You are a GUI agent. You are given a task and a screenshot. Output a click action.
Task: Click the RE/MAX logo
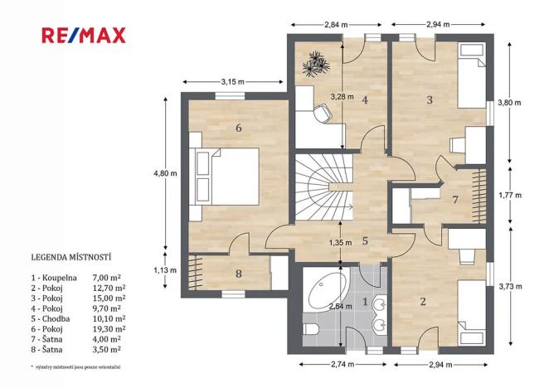click(x=83, y=36)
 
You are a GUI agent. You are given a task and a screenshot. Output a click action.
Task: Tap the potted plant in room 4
click(x=316, y=64)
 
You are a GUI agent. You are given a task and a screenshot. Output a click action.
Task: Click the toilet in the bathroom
click(x=311, y=329)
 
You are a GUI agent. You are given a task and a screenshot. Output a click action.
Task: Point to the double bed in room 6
click(x=224, y=176)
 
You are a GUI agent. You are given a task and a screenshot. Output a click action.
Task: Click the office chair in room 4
click(x=322, y=114)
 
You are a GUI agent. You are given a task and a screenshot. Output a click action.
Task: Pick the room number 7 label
click(x=454, y=200)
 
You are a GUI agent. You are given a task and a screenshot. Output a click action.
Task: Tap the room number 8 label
click(x=239, y=273)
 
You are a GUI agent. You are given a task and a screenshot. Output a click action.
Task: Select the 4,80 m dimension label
click(x=165, y=173)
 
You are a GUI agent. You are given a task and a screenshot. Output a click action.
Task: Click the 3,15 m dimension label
click(x=232, y=82)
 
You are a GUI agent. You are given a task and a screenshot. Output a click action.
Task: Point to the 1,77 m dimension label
click(x=510, y=195)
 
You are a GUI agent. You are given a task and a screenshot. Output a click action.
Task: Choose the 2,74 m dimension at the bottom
click(x=343, y=364)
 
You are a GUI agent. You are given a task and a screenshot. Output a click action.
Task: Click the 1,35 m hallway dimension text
click(x=340, y=242)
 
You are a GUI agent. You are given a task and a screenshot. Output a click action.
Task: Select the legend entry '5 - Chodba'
click(x=51, y=318)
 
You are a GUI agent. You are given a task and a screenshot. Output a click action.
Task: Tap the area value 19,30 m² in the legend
click(x=109, y=329)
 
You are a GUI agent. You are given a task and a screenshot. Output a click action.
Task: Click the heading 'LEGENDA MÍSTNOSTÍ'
click(x=71, y=257)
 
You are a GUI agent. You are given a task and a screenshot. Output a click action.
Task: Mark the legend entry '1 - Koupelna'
click(x=54, y=278)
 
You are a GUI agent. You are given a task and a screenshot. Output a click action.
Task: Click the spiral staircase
click(x=324, y=187)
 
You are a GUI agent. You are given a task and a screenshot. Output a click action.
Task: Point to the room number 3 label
click(x=430, y=99)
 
